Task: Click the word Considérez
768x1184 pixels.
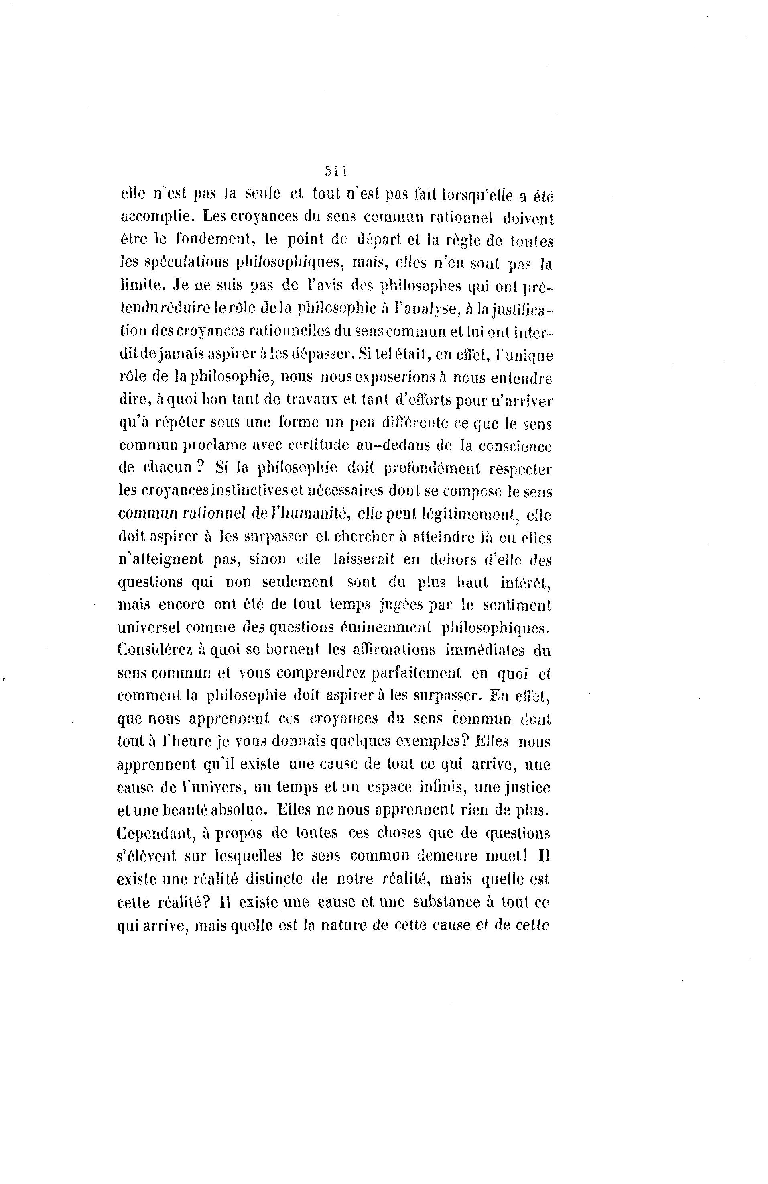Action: (160, 651)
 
